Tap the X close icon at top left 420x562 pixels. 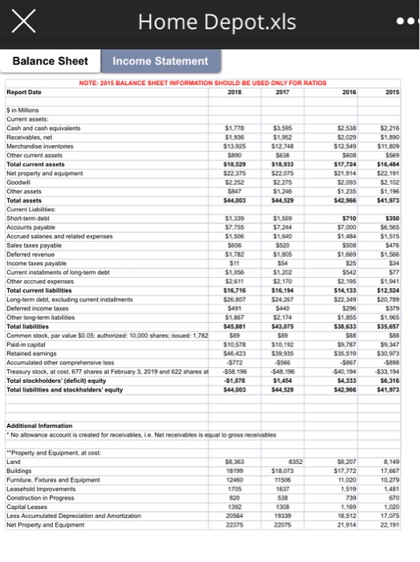[x=25, y=22]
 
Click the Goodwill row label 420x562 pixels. [x=19, y=181]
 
